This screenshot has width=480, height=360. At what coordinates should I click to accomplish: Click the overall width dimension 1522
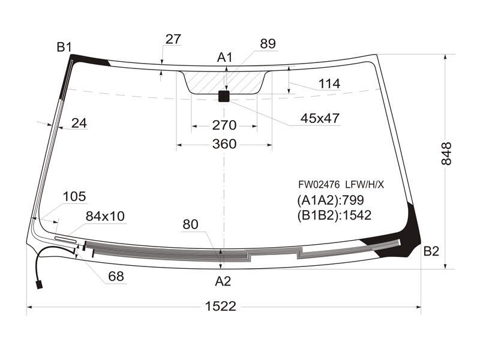220,306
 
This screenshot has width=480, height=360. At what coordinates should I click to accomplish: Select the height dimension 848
446,154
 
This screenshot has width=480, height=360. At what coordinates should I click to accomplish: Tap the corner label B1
64,47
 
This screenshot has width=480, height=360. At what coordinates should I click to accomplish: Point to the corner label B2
431,251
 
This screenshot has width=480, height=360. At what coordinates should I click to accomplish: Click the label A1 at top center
225,57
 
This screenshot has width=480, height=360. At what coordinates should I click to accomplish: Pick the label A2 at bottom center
223,281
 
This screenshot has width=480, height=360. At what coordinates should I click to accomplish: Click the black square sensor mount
224,96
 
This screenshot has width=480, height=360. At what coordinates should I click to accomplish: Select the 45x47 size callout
320,118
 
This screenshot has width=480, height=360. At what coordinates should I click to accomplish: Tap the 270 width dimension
224,125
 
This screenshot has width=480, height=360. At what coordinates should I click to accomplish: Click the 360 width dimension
224,144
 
